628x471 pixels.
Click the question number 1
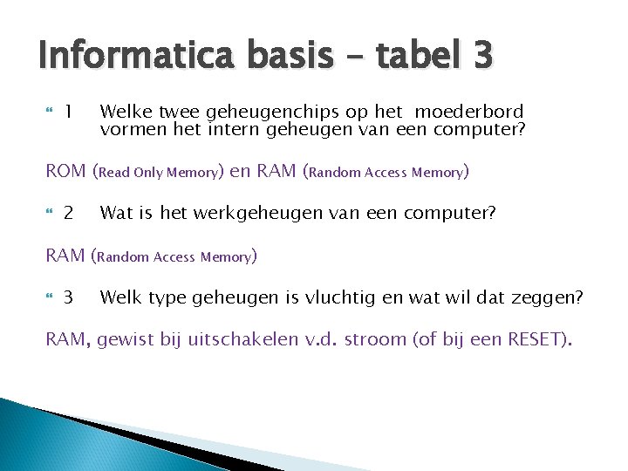click(x=68, y=112)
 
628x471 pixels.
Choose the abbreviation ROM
click(x=65, y=171)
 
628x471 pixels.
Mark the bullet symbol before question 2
click(x=49, y=213)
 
